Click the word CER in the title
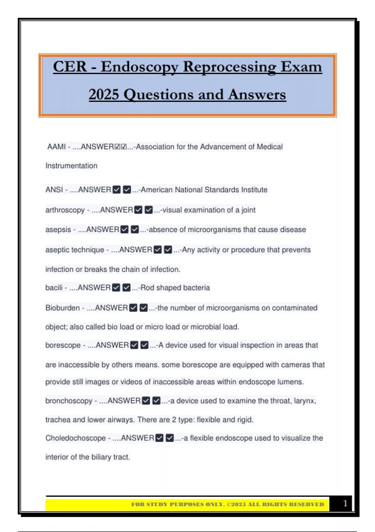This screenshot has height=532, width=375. point(70,67)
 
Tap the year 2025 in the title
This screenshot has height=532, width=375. point(104,95)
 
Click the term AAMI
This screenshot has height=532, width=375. point(57,147)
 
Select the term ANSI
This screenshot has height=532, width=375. point(54,190)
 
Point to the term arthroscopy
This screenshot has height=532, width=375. point(65,210)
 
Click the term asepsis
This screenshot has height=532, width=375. point(58,230)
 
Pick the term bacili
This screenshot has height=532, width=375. point(54,288)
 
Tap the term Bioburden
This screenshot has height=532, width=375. point(62,308)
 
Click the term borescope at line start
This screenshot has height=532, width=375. point(63,345)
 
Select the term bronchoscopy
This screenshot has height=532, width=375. point(69,401)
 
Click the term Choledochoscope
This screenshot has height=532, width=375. point(75,438)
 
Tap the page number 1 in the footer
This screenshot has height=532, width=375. point(345,503)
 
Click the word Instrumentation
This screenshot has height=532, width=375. point(71,166)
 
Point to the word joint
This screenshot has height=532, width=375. point(248,210)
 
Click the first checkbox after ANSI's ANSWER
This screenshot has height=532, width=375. point(117,190)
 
